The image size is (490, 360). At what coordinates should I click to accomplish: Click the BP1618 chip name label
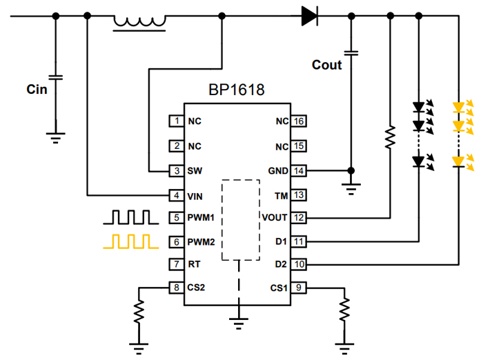point(236,90)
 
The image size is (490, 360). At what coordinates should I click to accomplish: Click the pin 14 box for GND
point(298,170)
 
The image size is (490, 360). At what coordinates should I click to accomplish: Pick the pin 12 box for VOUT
point(298,218)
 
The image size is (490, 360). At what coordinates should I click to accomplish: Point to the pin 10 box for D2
point(298,263)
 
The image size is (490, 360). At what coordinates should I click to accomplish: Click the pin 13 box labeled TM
point(298,195)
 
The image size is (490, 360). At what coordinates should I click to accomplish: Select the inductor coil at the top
point(139,22)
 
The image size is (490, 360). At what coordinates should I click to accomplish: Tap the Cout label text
point(326,65)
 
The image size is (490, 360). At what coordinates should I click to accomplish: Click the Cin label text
point(37,89)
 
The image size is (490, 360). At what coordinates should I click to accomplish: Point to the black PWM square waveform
point(130,217)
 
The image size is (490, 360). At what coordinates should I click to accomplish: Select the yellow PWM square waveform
point(130,241)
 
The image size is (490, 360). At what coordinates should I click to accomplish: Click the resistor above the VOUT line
point(390,137)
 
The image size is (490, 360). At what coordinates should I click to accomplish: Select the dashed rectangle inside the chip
point(239,220)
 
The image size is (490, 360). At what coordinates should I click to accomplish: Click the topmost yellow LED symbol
point(459,108)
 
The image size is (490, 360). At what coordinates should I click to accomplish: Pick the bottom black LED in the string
point(419,161)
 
